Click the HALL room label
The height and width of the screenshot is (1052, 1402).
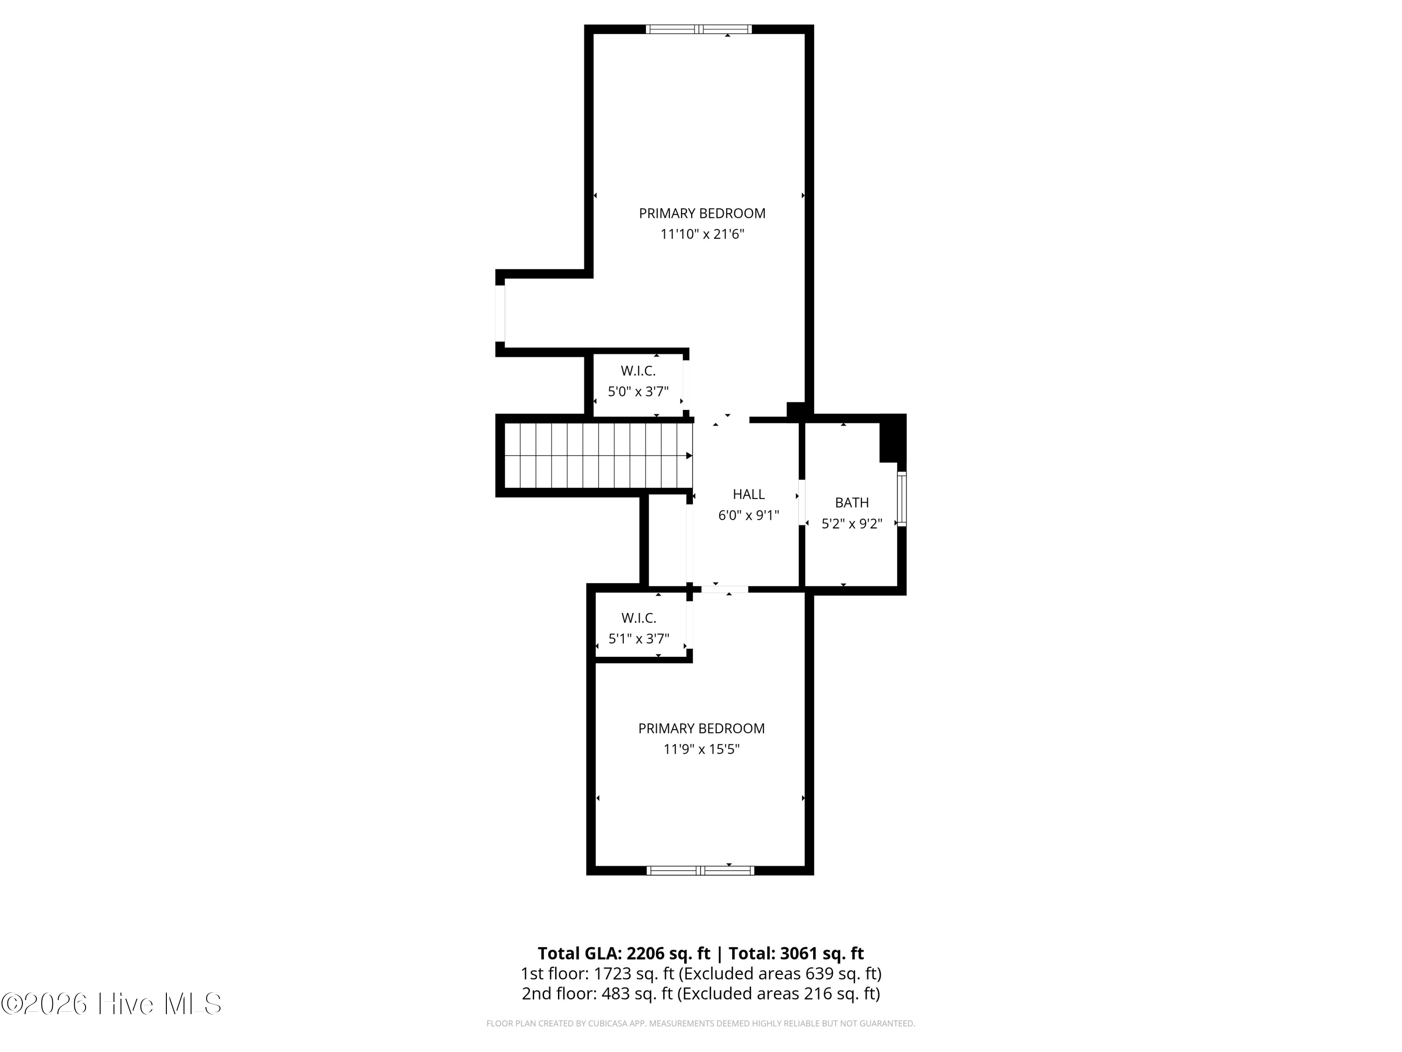click(749, 494)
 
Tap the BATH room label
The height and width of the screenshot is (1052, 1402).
click(852, 503)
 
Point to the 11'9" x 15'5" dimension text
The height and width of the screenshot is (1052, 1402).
click(701, 749)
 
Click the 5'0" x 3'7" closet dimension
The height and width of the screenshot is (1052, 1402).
click(638, 392)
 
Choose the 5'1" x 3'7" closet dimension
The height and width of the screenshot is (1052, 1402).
click(639, 639)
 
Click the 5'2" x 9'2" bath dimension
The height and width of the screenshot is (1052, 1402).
click(852, 524)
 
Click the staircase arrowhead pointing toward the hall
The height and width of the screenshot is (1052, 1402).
click(689, 456)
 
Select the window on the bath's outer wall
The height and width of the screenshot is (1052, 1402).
click(902, 499)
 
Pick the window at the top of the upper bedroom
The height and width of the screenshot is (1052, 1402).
click(699, 29)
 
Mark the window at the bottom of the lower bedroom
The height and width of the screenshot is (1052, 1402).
click(701, 871)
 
